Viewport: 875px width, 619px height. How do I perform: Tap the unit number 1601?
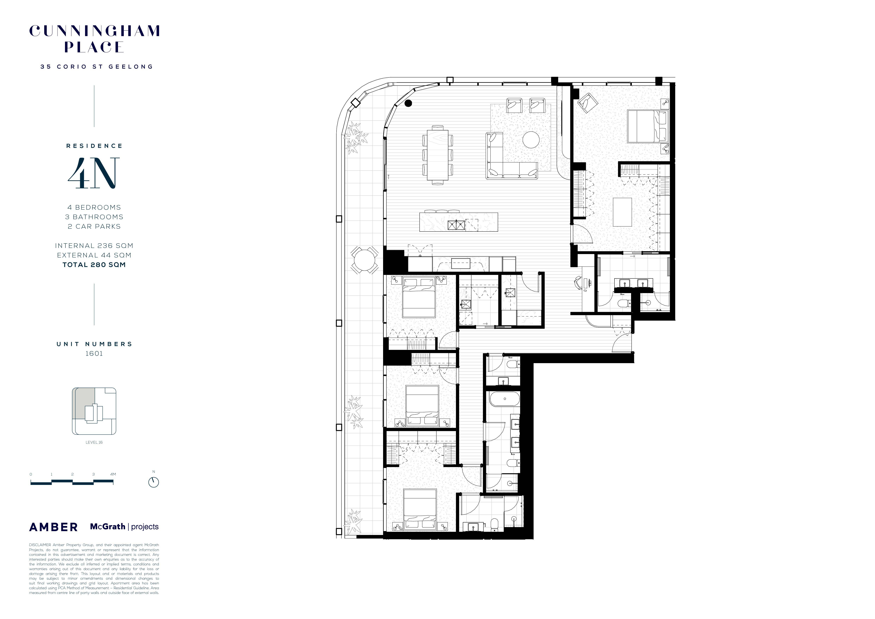94,354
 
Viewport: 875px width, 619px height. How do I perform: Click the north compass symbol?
154,482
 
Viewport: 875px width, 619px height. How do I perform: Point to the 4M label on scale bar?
113,474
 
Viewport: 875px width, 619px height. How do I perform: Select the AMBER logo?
53,527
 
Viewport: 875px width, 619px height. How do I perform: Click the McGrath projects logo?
124,527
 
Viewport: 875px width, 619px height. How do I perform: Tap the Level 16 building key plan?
94,411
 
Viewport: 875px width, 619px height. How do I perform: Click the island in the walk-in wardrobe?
622,212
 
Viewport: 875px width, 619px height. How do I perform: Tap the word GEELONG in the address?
131,67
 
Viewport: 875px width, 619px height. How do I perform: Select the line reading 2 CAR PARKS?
94,226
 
